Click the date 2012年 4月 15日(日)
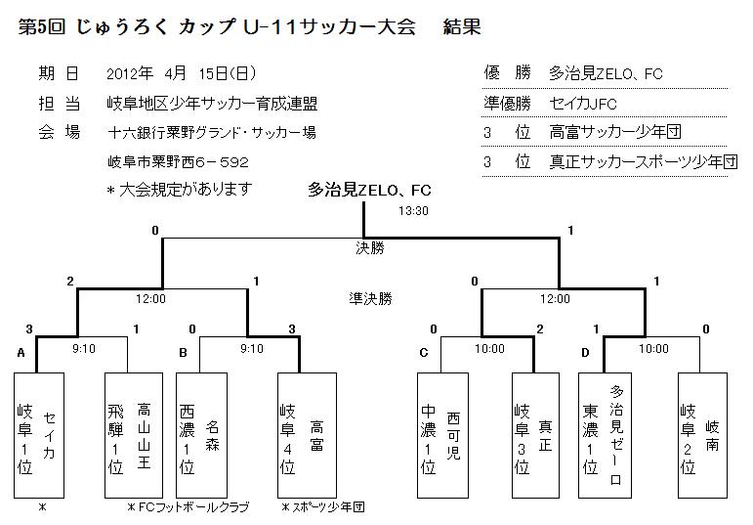coord(181,73)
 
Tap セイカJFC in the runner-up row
coord(584,103)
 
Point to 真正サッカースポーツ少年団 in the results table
coord(643,161)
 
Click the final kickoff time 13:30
coord(413,211)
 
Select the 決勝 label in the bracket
coord(370,248)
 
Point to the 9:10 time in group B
coord(251,348)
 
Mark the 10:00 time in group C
coord(489,348)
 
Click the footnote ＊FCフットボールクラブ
coord(188,507)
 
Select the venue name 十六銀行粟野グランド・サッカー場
coord(212,133)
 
